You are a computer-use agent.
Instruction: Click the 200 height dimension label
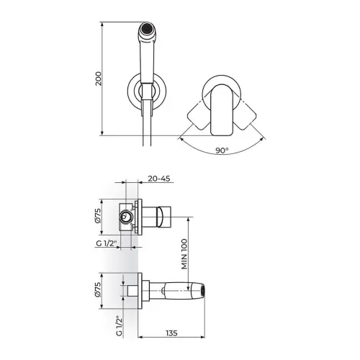[99, 78]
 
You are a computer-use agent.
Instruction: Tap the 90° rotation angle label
[222, 150]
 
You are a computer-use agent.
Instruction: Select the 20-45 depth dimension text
[159, 179]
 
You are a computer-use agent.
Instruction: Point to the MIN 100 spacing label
[184, 253]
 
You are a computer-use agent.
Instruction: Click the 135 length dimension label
[171, 333]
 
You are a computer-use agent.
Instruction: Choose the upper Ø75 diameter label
[99, 216]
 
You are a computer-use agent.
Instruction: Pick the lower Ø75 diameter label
[99, 289]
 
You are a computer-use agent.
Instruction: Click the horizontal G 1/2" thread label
[107, 243]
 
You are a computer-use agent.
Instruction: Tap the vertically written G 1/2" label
[120, 326]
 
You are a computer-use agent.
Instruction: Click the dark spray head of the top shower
[147, 27]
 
